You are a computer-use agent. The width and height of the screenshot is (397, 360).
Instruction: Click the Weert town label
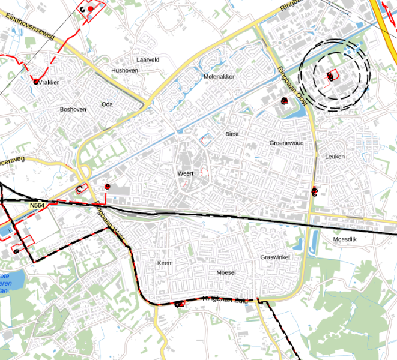pos(185,173)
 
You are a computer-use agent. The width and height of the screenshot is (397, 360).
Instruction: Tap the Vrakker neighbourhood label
pos(49,82)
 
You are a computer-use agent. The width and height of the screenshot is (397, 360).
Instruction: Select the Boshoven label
pos(73,109)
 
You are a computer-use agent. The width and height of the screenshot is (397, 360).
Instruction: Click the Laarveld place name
pos(148,60)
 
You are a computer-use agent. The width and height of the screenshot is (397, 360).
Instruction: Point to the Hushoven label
pos(124,70)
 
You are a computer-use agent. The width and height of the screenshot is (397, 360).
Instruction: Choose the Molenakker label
pos(219,77)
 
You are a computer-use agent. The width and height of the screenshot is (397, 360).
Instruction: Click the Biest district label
pos(232,134)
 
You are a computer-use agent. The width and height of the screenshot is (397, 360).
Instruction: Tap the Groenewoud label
pos(286,143)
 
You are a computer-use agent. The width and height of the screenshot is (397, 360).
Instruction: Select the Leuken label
pos(335,156)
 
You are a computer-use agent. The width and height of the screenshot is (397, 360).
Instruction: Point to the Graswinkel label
pos(275,257)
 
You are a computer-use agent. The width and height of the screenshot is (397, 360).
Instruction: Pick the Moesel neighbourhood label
pos(226,272)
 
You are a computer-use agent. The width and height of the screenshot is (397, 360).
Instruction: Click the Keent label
pos(165,263)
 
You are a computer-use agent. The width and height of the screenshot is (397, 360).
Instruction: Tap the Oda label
pos(107,104)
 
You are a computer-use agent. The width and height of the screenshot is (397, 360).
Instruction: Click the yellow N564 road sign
pos(38,206)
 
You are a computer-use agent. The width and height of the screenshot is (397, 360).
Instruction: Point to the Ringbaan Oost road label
pos(293,88)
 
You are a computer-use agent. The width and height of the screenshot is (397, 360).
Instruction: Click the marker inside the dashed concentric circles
pos(330,76)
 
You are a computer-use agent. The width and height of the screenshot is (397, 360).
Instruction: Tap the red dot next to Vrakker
pos(35,81)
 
